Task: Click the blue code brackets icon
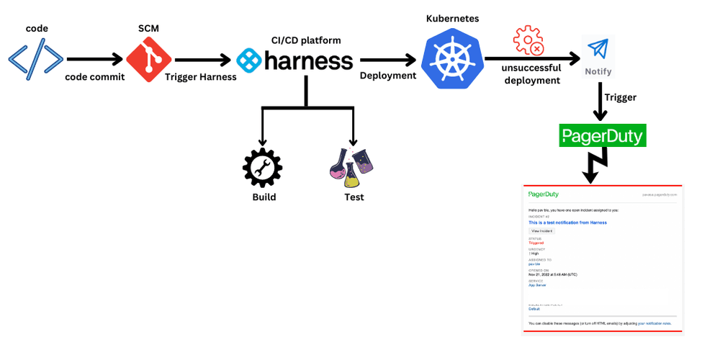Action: coord(35,60)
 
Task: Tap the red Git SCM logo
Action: coord(148,60)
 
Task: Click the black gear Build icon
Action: coord(263,167)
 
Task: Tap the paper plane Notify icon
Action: coord(598,49)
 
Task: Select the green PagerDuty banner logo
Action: coord(603,135)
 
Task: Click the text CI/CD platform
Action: coord(302,40)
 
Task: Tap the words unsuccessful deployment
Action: coord(533,75)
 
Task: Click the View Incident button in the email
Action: coord(541,230)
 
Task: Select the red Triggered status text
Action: coord(536,243)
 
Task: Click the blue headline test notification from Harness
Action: coord(567,222)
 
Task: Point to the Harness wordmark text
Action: coord(308,60)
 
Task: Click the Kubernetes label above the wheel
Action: coord(452,17)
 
